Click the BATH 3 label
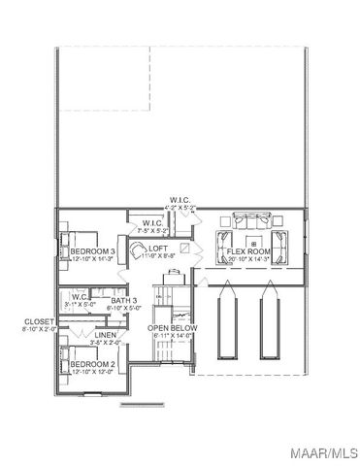[x=123, y=301]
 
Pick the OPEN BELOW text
[x=173, y=328]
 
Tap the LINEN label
[x=106, y=335]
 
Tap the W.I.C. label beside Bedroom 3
[x=152, y=223]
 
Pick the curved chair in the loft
[x=142, y=252]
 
